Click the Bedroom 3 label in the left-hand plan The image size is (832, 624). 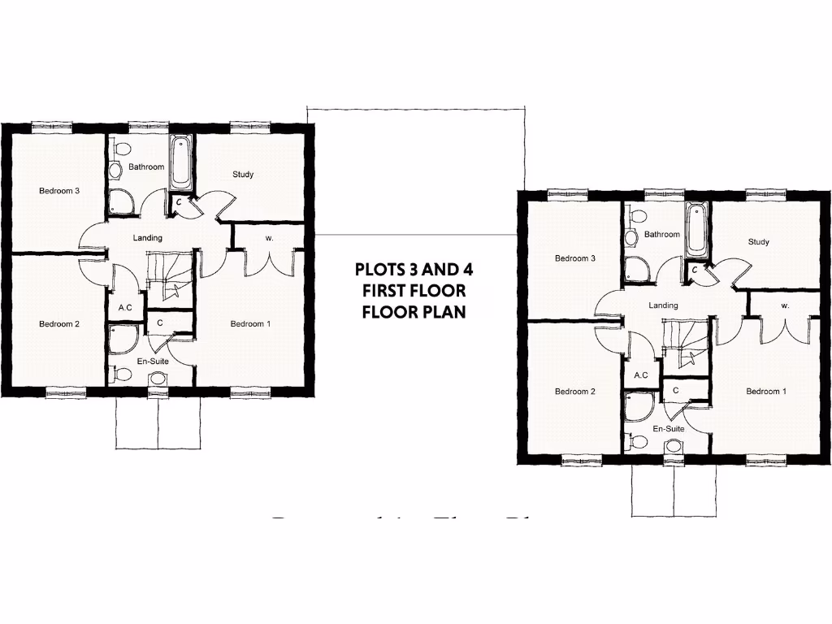59,191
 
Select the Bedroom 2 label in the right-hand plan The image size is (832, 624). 575,392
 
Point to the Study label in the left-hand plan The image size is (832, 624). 243,174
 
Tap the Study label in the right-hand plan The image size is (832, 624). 758,241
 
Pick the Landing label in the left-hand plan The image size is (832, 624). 148,238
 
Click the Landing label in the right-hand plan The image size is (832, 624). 663,305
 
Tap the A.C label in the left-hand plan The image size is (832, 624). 125,308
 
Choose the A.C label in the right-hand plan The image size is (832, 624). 640,375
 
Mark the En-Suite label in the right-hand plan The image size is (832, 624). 669,427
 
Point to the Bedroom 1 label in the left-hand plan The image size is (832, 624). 251,324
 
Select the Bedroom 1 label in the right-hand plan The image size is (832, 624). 766,392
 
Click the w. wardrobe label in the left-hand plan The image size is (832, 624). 269,238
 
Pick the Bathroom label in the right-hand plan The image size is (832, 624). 661,234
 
